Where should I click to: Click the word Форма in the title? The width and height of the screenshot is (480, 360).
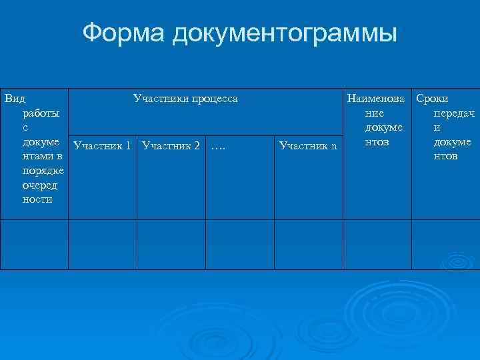124,33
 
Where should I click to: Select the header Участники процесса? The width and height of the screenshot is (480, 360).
185,99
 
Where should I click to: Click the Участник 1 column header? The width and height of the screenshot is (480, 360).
101,145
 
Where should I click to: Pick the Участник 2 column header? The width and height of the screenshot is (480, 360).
171,145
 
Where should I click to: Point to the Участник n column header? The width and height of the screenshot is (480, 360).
308,145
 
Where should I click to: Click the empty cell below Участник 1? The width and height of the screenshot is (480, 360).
102,244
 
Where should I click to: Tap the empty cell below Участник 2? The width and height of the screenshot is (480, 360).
171,244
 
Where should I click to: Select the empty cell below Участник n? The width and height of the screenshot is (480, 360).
308,244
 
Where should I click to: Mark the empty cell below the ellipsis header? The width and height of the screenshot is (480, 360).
239,244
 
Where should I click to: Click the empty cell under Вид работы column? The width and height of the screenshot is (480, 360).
34,244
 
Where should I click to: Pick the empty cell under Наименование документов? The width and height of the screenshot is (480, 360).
377,244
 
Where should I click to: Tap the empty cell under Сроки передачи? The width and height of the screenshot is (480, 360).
445,244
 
